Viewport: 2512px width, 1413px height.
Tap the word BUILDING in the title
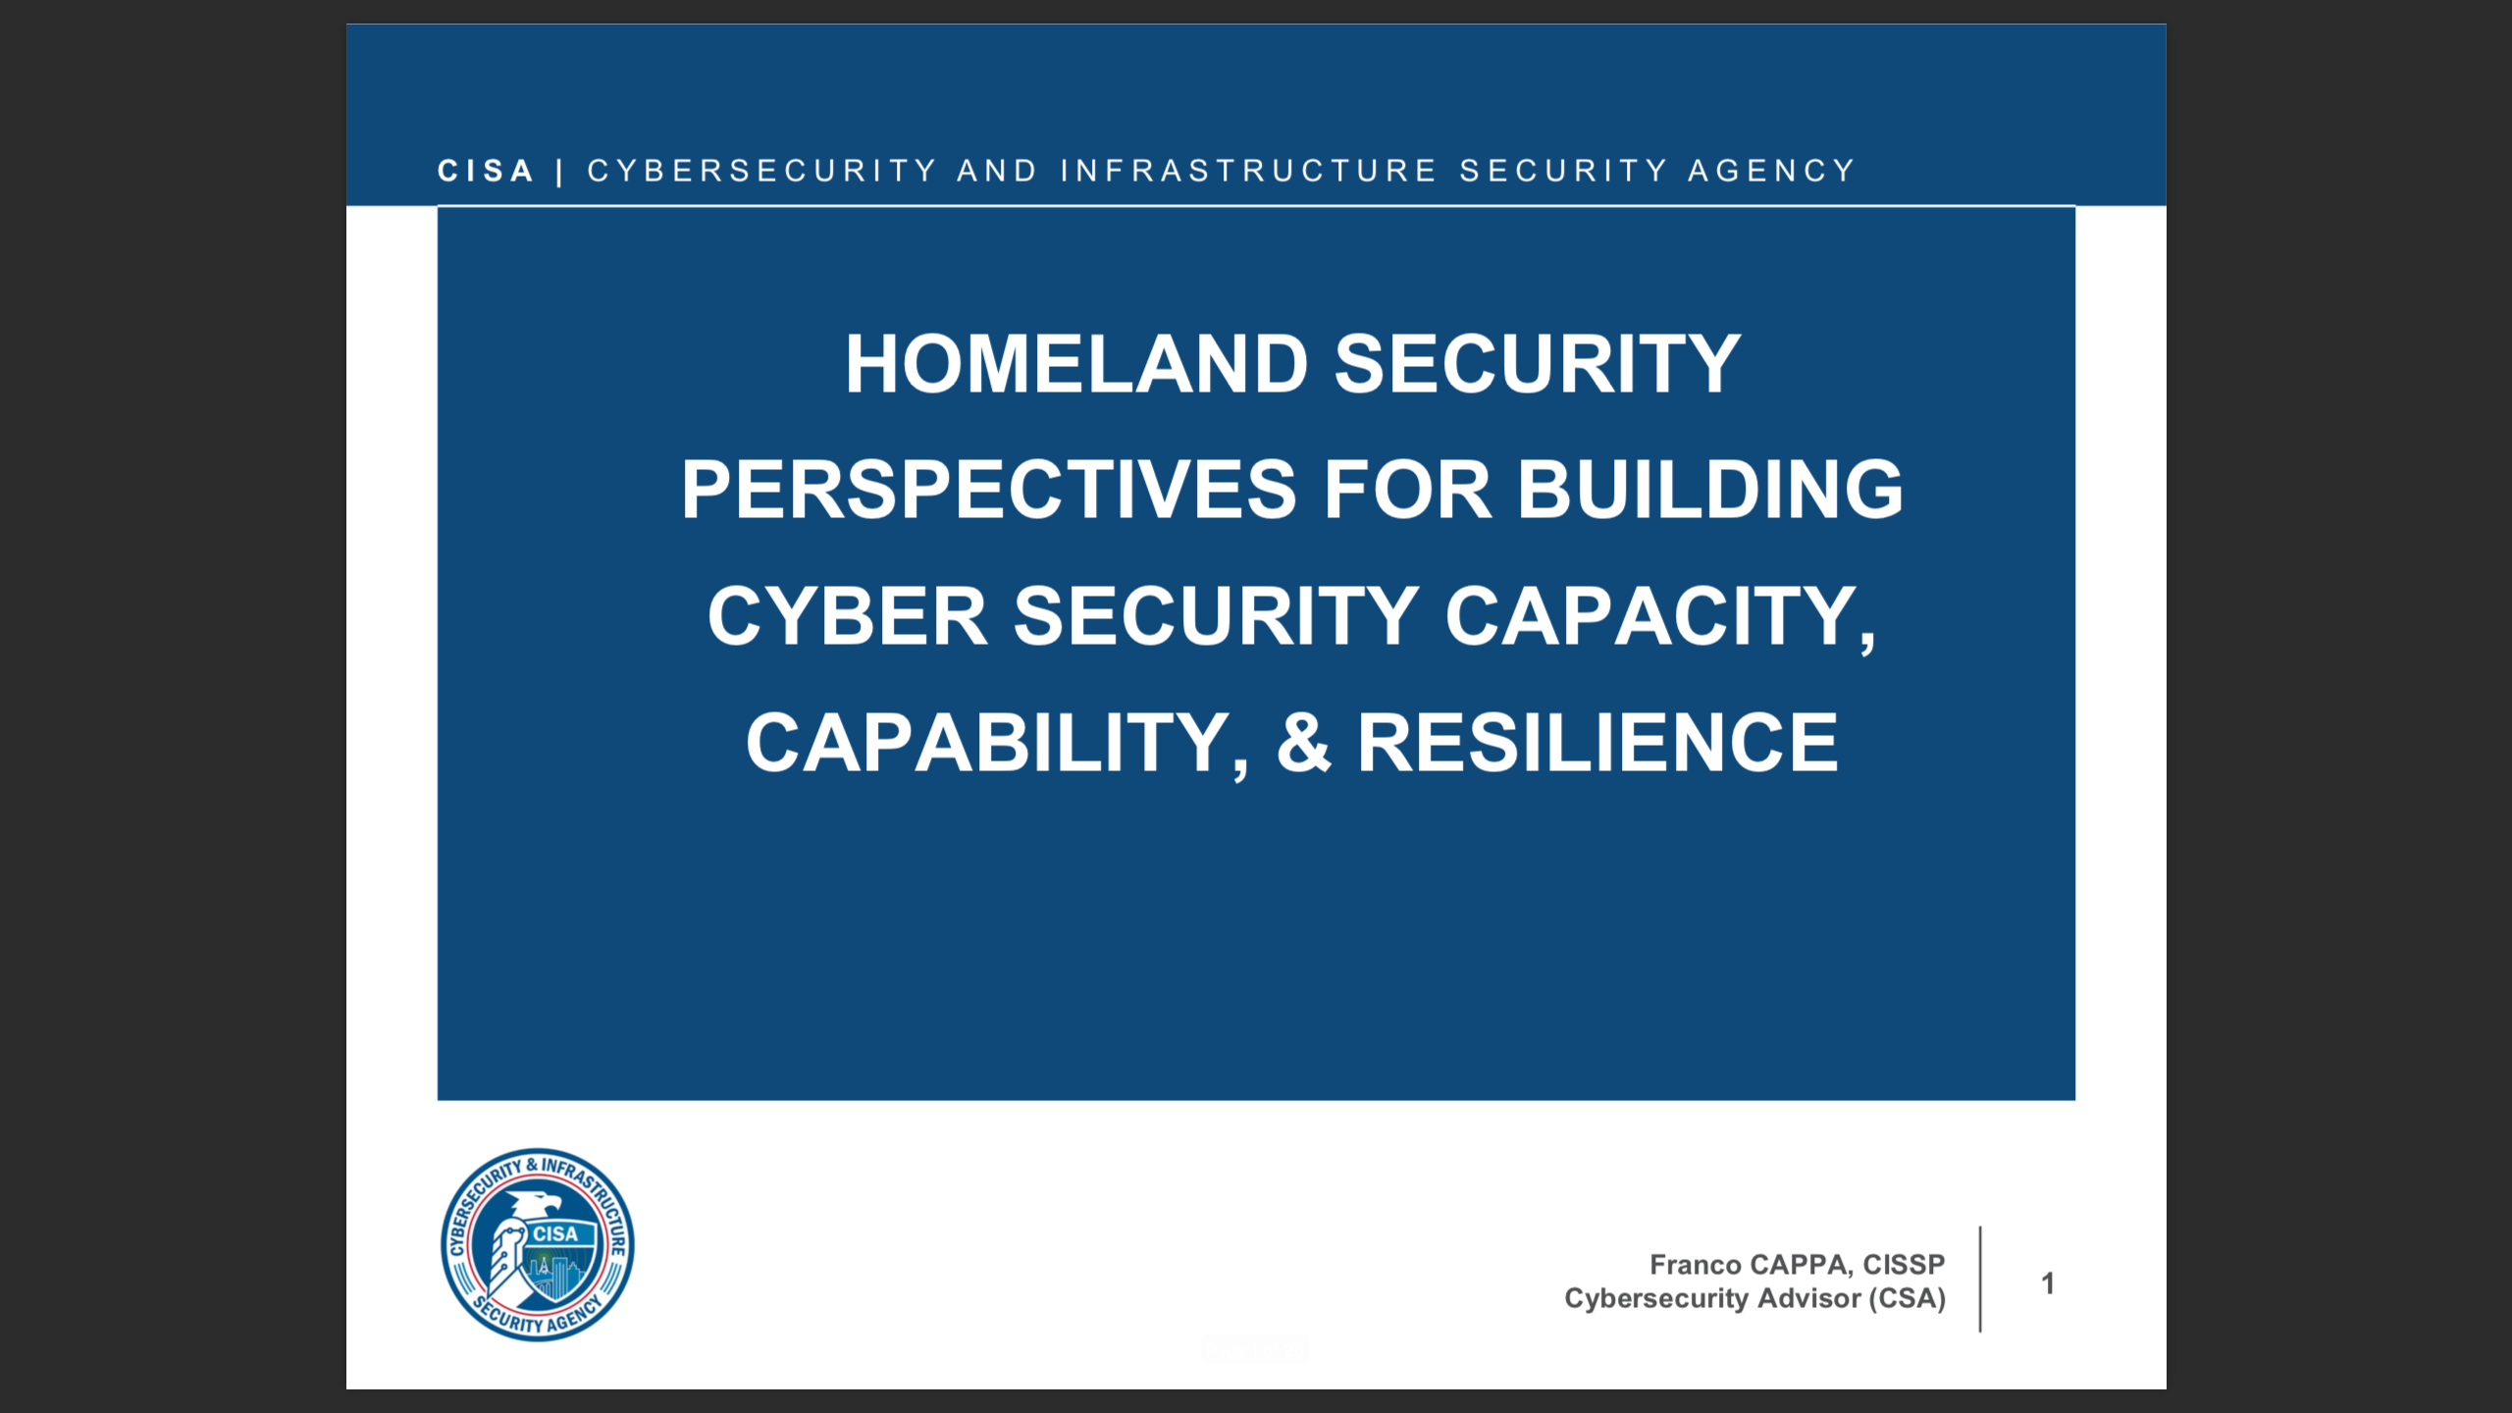pyautogui.click(x=1709, y=490)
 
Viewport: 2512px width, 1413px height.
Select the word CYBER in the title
pyautogui.click(x=847, y=616)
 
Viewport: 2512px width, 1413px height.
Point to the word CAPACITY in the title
pyautogui.click(x=1659, y=616)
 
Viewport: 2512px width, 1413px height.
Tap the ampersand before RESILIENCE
pyautogui.click(x=1303, y=743)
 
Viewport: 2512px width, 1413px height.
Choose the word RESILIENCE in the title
pyautogui.click(x=1597, y=743)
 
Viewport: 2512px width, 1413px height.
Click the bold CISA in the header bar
pyautogui.click(x=486, y=171)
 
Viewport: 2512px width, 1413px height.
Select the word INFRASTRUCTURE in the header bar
pyautogui.click(x=1248, y=171)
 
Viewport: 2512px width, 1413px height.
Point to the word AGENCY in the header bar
pyautogui.click(x=1771, y=171)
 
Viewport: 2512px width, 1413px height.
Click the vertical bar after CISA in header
pyautogui.click(x=559, y=173)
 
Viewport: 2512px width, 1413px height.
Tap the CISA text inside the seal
pyautogui.click(x=555, y=1234)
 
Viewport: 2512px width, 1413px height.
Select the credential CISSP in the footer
pyautogui.click(x=1904, y=1265)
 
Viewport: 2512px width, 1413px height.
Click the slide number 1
pyautogui.click(x=2048, y=1283)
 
